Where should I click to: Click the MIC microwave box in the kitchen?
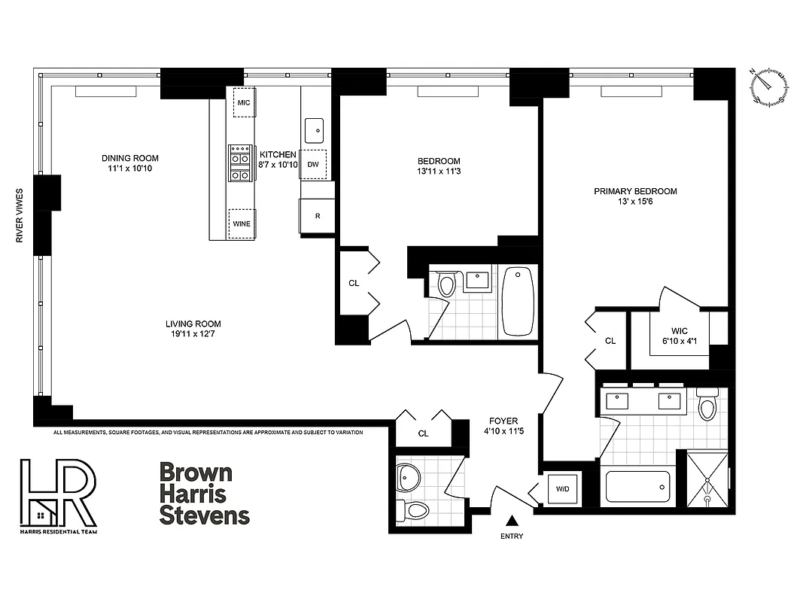click(x=243, y=102)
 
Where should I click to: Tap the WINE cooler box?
click(x=242, y=223)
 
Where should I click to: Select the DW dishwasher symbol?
click(x=314, y=164)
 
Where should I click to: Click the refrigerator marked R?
click(x=318, y=216)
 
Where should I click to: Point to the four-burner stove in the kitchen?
click(x=240, y=163)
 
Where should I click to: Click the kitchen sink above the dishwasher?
click(x=315, y=130)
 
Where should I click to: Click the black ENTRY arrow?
click(x=512, y=520)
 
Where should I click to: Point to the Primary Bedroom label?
click(x=635, y=196)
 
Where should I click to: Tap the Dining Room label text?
click(x=130, y=163)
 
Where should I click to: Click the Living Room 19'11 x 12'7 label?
click(x=193, y=329)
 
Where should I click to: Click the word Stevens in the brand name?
click(x=204, y=515)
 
